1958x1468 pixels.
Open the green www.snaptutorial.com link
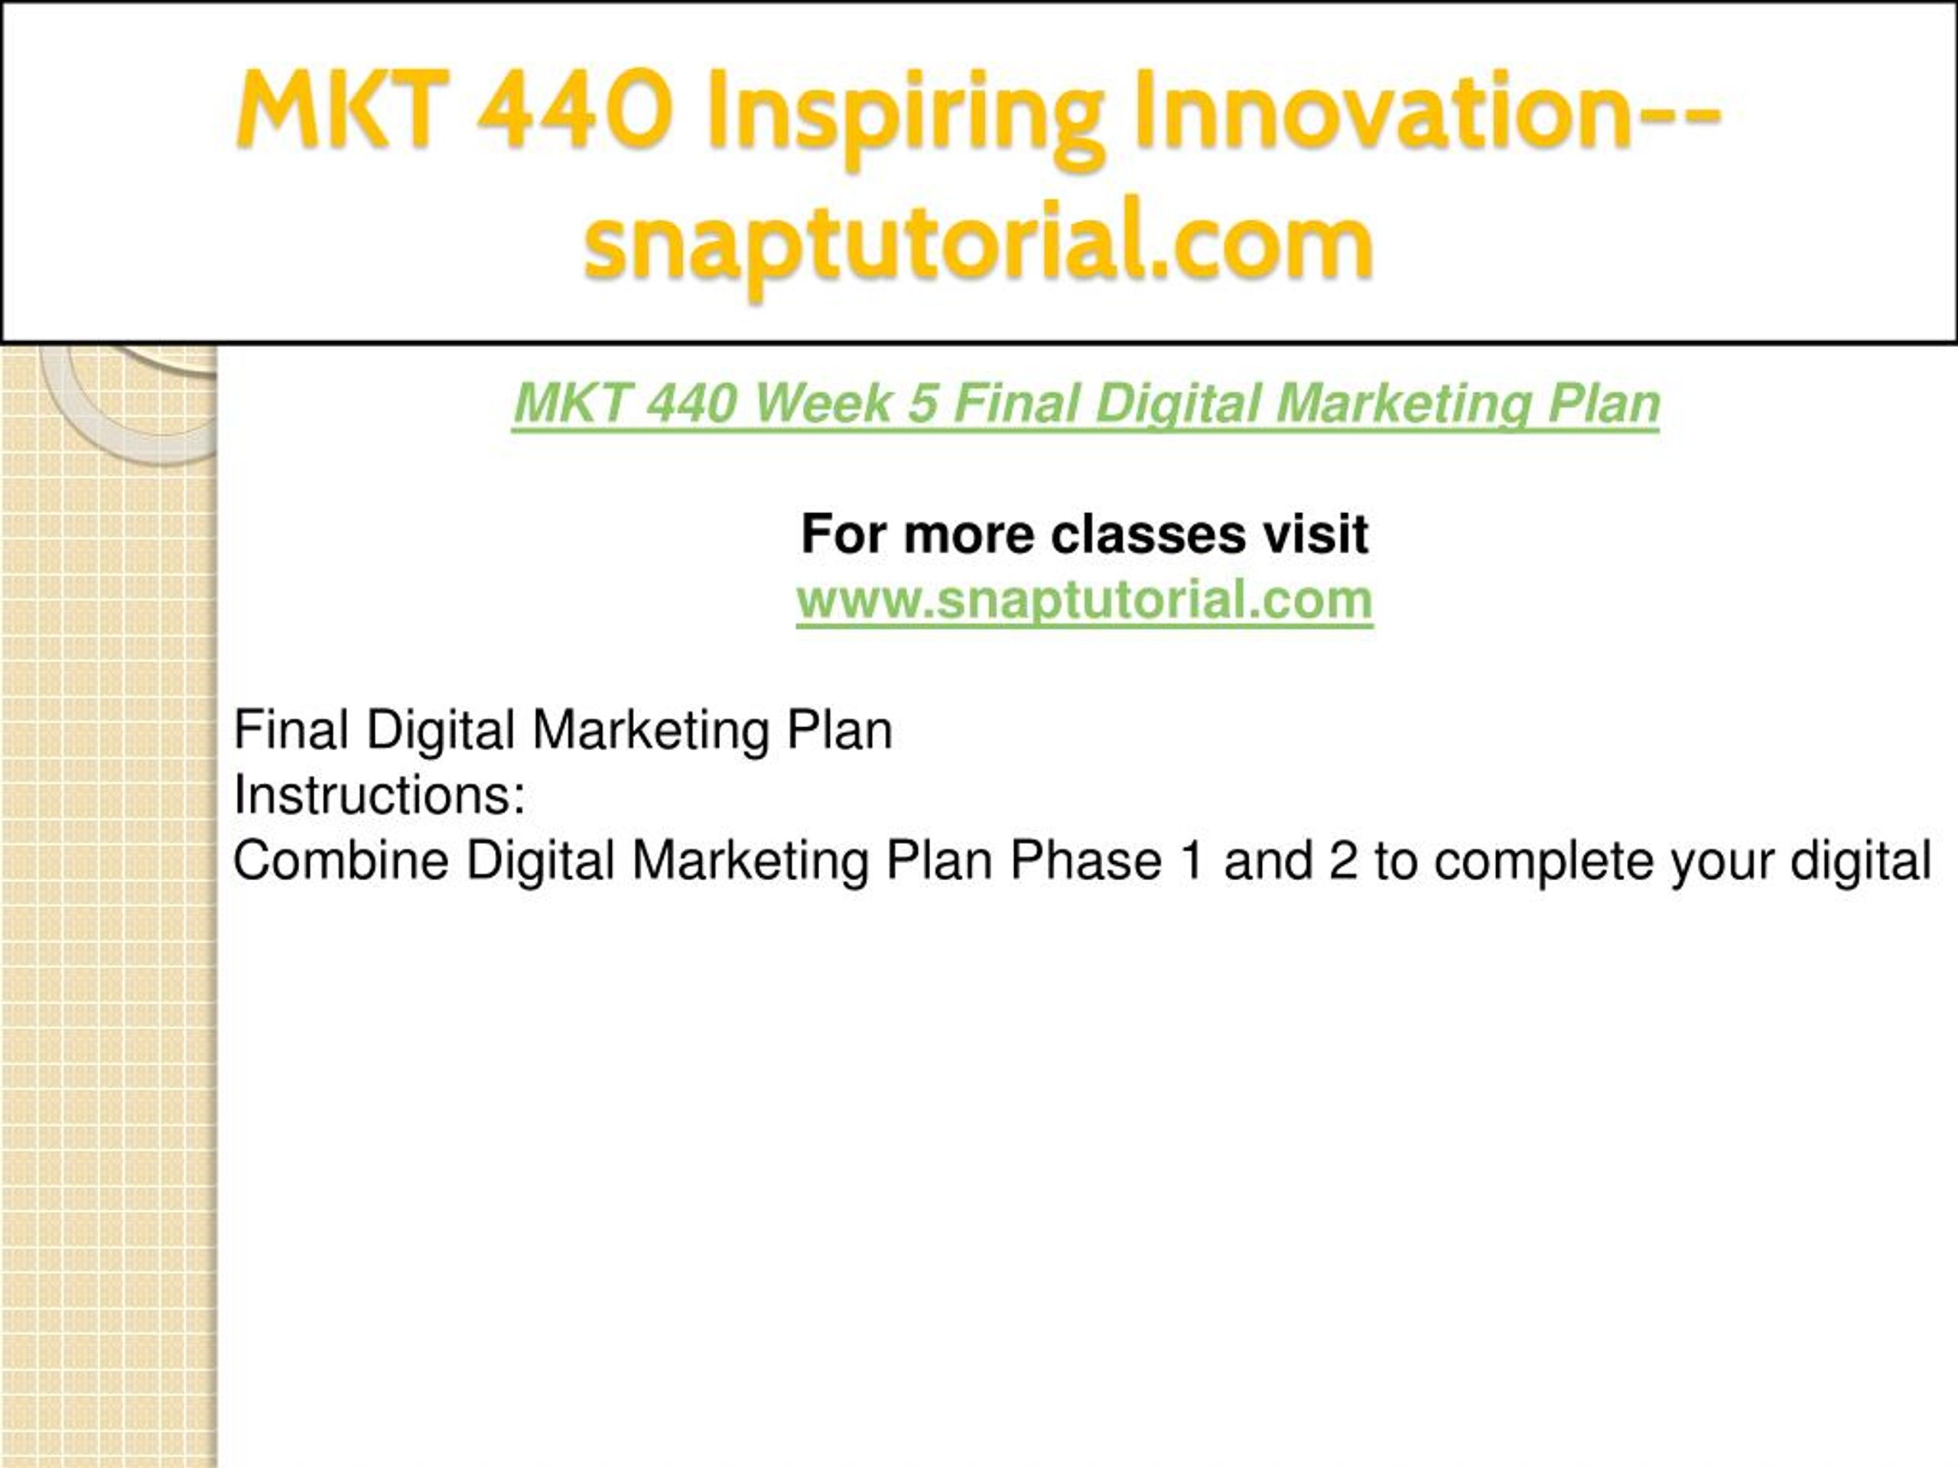(1085, 600)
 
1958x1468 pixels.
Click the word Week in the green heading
(823, 404)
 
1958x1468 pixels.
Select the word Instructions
(379, 794)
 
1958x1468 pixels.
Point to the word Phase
(1085, 860)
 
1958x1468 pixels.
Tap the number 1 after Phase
(1192, 860)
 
